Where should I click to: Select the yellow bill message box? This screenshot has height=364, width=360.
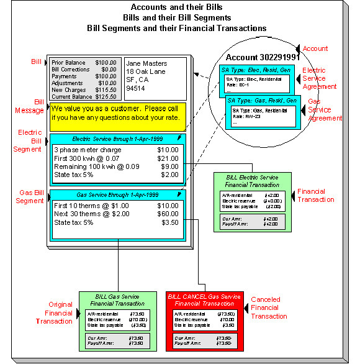click(x=117, y=116)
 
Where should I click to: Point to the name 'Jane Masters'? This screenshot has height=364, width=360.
click(x=146, y=63)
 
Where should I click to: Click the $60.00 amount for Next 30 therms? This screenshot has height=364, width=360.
click(x=169, y=214)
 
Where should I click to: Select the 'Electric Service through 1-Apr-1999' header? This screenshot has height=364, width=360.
click(x=117, y=139)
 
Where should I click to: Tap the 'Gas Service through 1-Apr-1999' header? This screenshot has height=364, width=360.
click(x=117, y=194)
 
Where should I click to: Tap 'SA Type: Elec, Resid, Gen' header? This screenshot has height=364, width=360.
click(x=256, y=72)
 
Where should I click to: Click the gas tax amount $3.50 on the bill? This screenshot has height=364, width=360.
click(x=170, y=222)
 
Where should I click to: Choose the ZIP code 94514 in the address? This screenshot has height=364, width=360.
click(x=136, y=88)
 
